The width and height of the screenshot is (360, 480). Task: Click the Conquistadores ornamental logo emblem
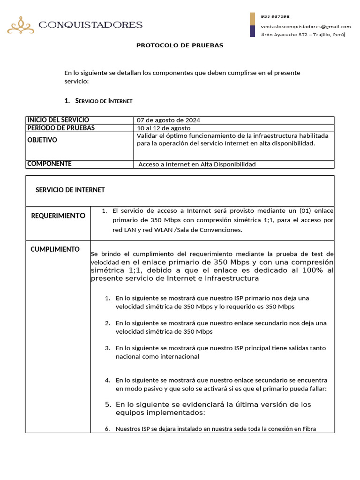click(20, 25)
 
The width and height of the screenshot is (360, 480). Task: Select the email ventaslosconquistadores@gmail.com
click(306, 26)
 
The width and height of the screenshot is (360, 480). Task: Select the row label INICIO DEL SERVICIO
click(58, 120)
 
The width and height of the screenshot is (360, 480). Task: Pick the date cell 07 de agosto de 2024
click(168, 120)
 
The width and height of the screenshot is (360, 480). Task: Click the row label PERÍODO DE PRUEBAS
click(61, 128)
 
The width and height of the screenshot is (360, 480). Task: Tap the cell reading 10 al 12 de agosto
click(164, 128)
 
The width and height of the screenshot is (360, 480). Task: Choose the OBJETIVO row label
click(42, 140)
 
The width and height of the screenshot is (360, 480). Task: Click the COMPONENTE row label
click(49, 164)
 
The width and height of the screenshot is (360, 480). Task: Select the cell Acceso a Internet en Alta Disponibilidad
click(197, 164)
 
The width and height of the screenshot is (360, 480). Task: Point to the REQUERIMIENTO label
click(58, 216)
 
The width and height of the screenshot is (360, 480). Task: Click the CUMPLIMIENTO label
click(55, 249)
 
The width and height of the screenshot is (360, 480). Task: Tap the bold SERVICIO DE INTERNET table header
click(70, 190)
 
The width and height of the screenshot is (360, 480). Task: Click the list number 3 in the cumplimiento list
click(107, 348)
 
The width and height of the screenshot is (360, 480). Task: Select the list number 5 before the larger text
click(107, 405)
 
